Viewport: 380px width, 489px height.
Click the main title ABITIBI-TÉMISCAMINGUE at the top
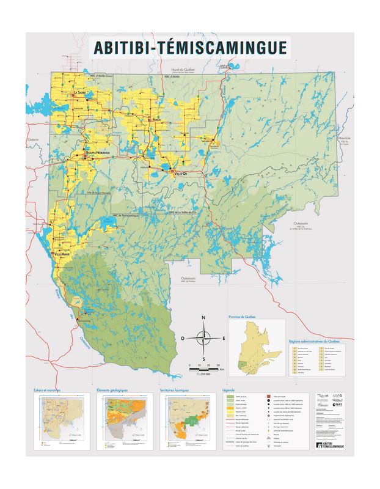point(189,46)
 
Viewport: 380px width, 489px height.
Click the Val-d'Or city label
point(180,174)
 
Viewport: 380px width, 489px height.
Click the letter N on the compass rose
point(204,317)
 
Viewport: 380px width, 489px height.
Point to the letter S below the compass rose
point(204,358)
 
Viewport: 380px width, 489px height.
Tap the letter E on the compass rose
point(224,337)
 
